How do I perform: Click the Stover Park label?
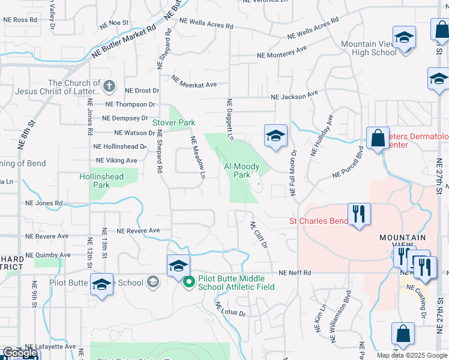pyautogui.click(x=173, y=122)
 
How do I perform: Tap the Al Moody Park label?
pyautogui.click(x=241, y=170)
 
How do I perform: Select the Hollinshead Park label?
pyautogui.click(x=100, y=181)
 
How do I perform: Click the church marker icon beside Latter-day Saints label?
pyautogui.click(x=109, y=86)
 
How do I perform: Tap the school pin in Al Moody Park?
pyautogui.click(x=275, y=136)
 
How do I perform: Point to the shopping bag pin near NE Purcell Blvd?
pyautogui.click(x=378, y=139)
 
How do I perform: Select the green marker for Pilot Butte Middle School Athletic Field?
pyautogui.click(x=188, y=281)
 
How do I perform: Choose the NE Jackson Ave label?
pyautogui.click(x=294, y=96)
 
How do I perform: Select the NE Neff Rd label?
pyautogui.click(x=295, y=273)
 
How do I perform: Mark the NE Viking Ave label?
pyautogui.click(x=116, y=161)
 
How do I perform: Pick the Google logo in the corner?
pyautogui.click(x=20, y=353)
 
